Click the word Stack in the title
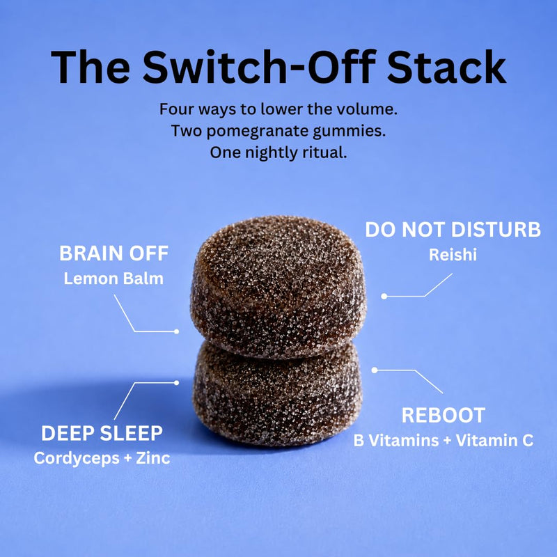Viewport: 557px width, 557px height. point(446,67)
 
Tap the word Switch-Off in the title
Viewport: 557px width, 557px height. point(259,66)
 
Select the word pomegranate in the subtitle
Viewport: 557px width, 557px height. point(258,132)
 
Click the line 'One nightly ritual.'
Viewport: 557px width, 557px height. point(278,152)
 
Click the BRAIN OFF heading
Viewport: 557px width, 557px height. point(113,253)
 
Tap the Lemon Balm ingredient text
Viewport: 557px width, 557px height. point(113,278)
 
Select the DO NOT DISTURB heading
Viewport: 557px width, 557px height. point(453,230)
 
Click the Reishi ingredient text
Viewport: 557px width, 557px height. point(453,255)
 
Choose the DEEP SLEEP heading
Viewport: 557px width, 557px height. point(102,433)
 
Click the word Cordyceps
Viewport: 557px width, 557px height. point(77,458)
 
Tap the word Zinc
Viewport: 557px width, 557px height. point(153,458)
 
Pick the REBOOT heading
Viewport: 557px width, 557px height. point(444,415)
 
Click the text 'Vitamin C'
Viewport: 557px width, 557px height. point(495,441)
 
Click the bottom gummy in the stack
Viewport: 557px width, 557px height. point(277,394)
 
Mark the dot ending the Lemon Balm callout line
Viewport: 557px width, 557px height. point(177,331)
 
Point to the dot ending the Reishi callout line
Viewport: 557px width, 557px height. point(384,296)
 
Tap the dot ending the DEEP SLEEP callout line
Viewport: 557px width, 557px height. point(177,382)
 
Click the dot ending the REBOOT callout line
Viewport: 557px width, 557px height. point(375,370)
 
